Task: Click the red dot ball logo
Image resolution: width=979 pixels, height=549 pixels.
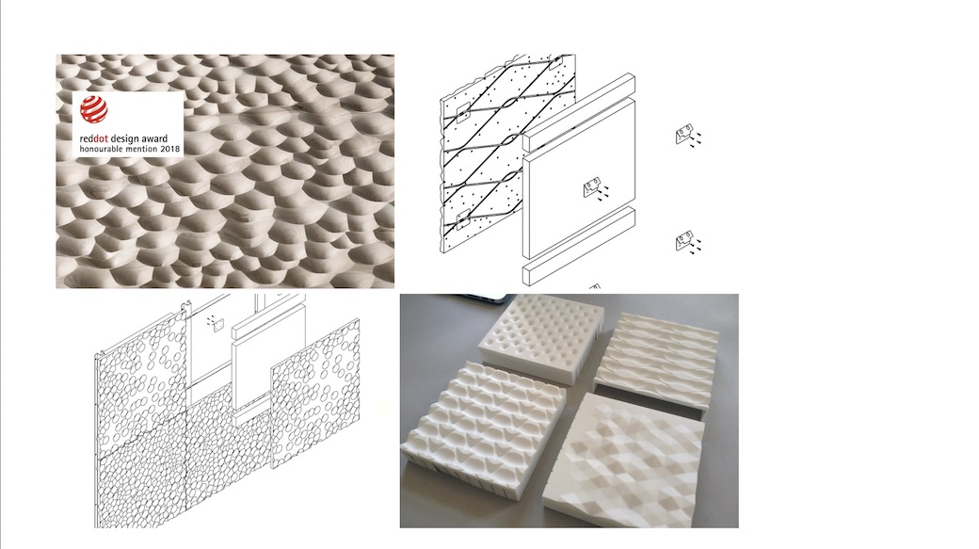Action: [x=93, y=109]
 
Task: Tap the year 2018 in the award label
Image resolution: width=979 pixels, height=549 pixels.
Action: [x=169, y=150]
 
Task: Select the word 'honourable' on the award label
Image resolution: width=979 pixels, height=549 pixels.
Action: [x=99, y=150]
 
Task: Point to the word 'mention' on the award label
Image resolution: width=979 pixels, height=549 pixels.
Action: [x=140, y=150]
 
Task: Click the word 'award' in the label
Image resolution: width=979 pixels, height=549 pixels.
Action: [x=154, y=138]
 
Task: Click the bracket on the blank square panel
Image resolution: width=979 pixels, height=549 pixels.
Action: [x=592, y=186]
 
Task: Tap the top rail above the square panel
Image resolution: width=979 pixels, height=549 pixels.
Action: [x=579, y=112]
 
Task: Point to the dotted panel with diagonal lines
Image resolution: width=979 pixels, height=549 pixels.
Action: [x=508, y=153]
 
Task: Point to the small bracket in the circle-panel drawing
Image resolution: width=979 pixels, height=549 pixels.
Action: [x=216, y=322]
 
